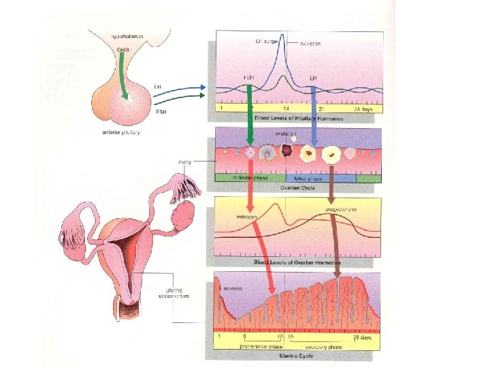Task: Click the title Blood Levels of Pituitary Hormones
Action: [298, 118]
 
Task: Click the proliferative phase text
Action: [257, 346]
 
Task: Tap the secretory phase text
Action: [325, 346]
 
